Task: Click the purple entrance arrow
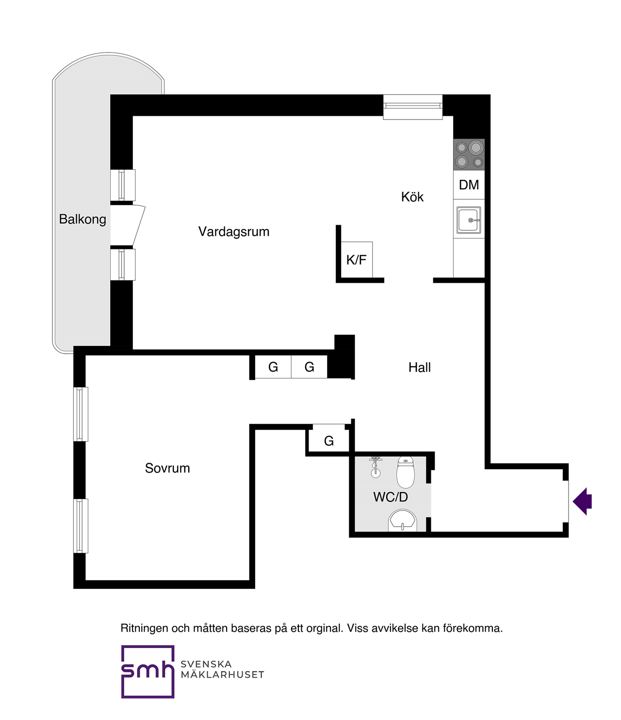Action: [582, 501]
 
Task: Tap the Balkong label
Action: [82, 220]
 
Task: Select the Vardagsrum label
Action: [234, 232]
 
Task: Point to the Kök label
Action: [412, 197]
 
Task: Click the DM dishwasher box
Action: [469, 185]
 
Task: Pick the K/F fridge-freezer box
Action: [357, 260]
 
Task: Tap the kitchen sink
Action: [469, 220]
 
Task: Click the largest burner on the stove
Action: [475, 147]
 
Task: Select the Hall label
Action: [420, 367]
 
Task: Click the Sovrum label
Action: [167, 468]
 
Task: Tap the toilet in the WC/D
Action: [405, 472]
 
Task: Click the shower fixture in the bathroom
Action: [376, 467]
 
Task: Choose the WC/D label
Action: [391, 497]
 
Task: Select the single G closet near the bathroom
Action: [329, 441]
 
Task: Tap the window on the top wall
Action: [413, 107]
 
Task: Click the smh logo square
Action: [147, 671]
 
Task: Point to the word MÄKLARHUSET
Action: [222, 675]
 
